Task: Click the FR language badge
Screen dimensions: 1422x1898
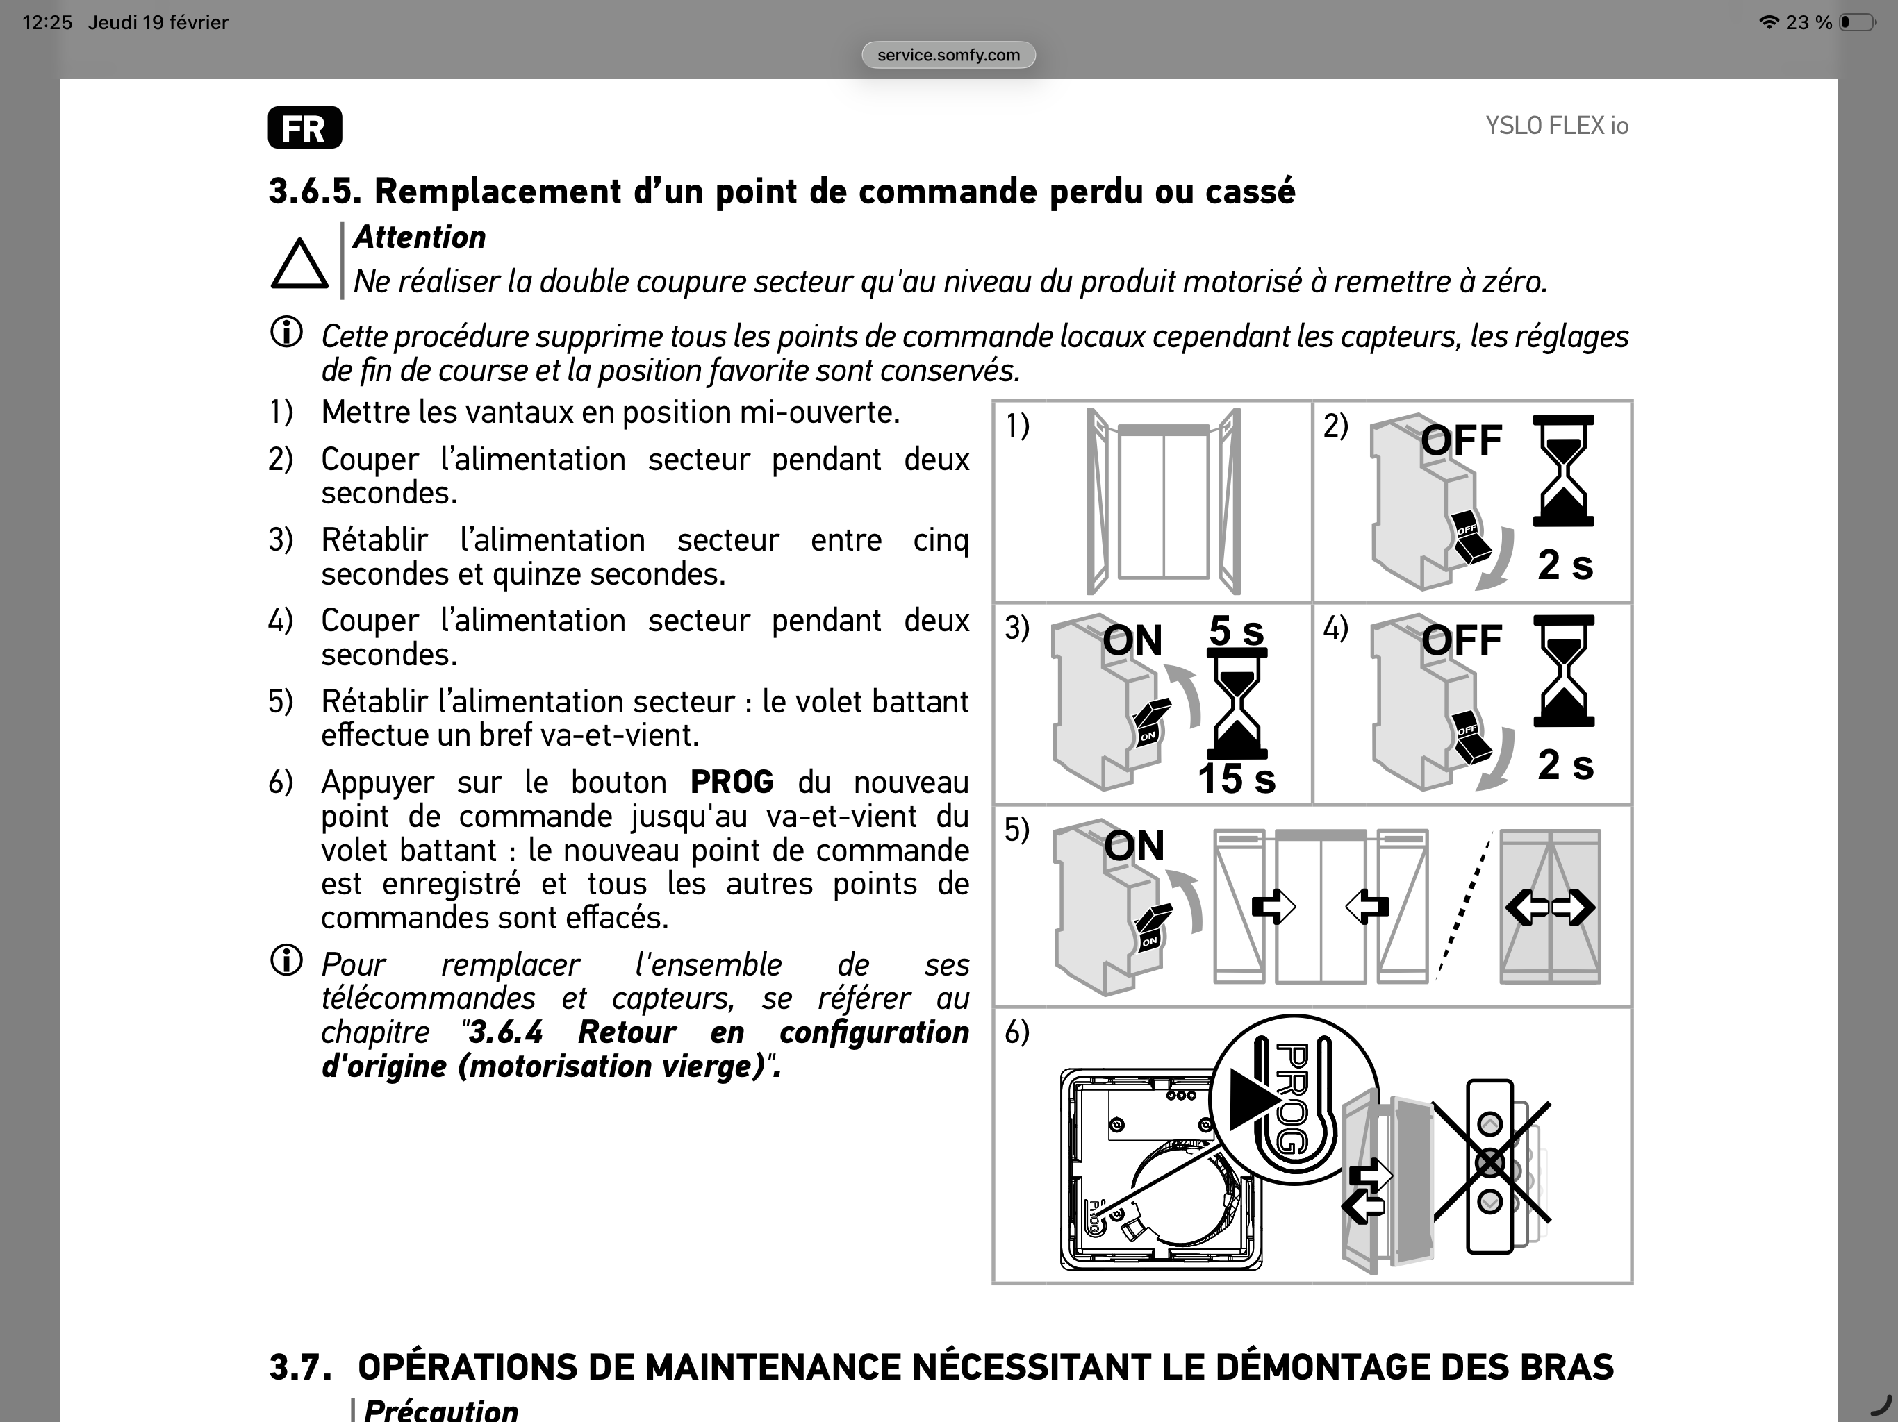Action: coord(304,128)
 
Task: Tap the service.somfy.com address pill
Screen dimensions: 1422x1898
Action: coord(948,55)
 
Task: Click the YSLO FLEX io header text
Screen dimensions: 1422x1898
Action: coord(1556,126)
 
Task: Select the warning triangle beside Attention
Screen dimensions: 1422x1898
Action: coord(299,264)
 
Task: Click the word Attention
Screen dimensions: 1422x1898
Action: coord(420,237)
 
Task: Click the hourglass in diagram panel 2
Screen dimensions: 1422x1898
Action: coord(1563,470)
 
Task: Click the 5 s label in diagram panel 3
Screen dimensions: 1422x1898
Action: coord(1237,631)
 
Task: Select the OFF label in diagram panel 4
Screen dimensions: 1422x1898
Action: coord(1461,639)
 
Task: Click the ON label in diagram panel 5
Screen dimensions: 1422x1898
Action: coord(1134,846)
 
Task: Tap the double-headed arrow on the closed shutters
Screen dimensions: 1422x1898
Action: coord(1550,907)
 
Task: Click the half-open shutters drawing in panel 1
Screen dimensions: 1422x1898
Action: coord(1163,502)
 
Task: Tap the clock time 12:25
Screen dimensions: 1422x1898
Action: coord(47,22)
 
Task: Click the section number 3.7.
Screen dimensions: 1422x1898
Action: coord(300,1367)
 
